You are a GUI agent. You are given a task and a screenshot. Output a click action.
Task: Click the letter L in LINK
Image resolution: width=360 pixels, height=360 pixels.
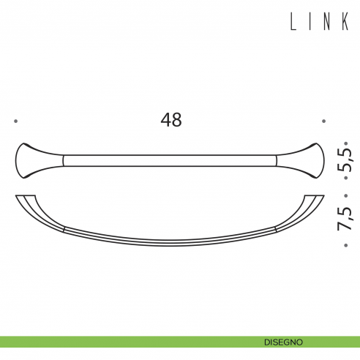tap(295, 23)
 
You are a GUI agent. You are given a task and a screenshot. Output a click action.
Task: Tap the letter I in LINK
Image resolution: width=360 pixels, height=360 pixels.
tap(312, 23)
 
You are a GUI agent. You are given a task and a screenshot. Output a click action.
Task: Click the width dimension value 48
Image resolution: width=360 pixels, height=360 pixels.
tap(170, 121)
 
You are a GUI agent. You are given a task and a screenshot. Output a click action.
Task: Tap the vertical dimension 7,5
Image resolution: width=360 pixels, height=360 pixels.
tap(346, 217)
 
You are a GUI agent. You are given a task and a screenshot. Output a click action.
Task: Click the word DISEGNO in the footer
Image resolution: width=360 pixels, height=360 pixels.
tap(284, 342)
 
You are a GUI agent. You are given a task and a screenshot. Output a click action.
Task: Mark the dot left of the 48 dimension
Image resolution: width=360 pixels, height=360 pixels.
tap(15, 121)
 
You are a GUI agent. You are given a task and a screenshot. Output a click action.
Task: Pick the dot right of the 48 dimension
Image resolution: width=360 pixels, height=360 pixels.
tap(323, 121)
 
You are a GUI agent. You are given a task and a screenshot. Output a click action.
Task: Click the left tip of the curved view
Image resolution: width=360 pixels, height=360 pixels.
tap(18, 196)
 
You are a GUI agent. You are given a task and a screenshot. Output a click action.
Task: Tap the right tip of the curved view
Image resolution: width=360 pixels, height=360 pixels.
tap(320, 196)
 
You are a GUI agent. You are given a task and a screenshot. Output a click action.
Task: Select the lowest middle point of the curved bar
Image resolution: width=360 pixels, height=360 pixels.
tap(170, 244)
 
